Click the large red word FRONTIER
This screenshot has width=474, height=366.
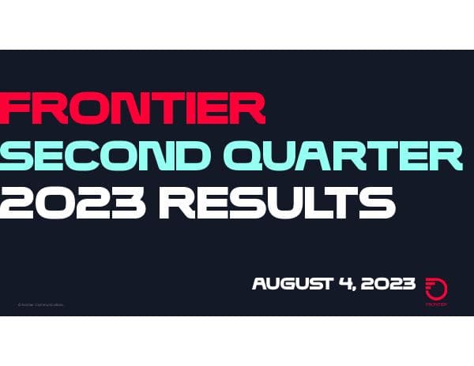pos(134,108)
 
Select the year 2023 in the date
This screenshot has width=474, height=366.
pos(390,284)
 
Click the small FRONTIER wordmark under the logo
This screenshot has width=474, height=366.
pos(436,304)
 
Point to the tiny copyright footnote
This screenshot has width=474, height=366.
pos(40,304)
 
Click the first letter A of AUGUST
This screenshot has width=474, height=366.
pos(260,284)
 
